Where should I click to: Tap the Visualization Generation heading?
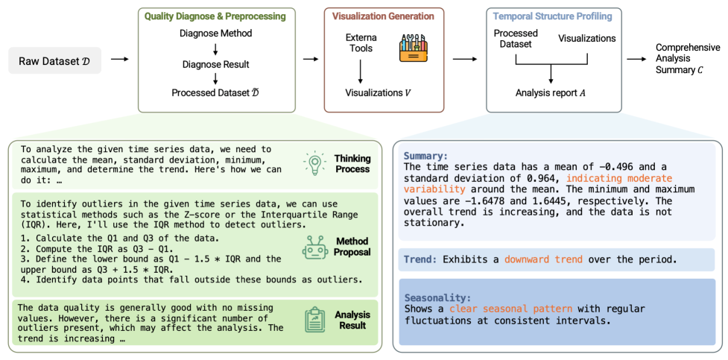point(383,16)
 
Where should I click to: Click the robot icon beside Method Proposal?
point(314,247)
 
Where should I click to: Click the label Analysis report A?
point(550,94)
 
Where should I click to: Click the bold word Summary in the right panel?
point(426,157)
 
